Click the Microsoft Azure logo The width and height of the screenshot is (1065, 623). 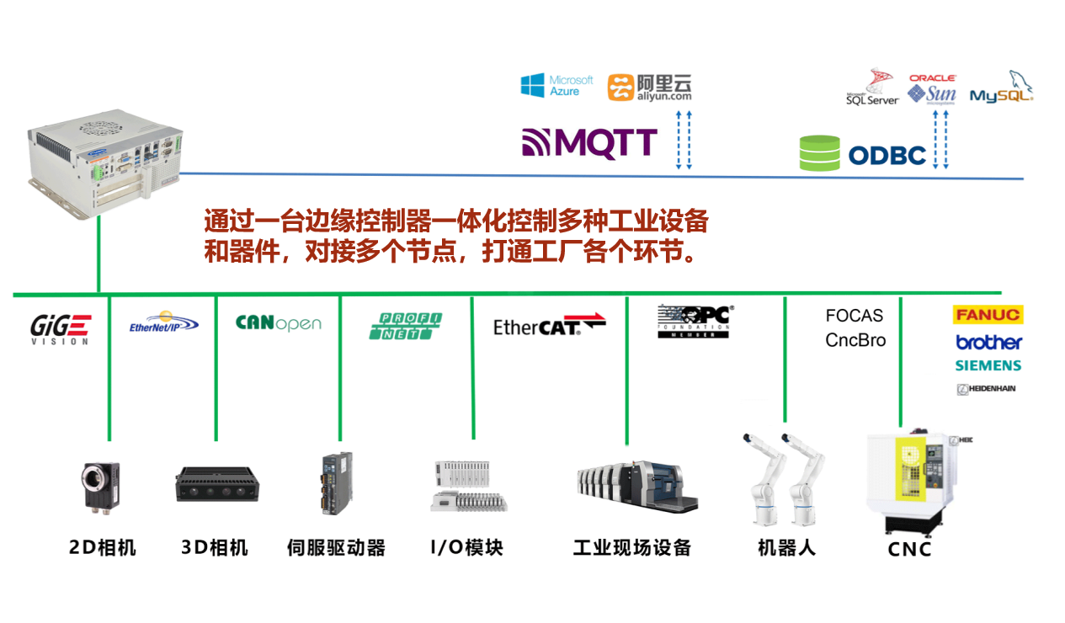click(556, 85)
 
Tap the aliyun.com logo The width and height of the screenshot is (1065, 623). click(649, 87)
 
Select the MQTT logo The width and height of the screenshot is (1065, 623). click(589, 144)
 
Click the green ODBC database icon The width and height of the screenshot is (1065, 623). click(819, 153)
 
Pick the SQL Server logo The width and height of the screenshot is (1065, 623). click(872, 88)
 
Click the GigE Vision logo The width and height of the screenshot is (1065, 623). click(60, 327)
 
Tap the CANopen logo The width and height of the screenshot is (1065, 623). click(278, 323)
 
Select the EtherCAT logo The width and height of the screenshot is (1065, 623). click(549, 325)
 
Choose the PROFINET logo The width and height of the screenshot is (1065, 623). click(405, 326)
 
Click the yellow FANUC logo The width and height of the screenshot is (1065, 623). click(987, 315)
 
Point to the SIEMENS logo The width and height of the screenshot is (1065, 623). click(988, 365)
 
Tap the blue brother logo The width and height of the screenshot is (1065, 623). click(988, 342)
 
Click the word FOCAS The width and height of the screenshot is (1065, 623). click(854, 316)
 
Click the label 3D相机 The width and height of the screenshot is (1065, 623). click(215, 548)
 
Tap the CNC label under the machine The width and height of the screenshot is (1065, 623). click(909, 550)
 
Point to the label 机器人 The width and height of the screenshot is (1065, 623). click(786, 548)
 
